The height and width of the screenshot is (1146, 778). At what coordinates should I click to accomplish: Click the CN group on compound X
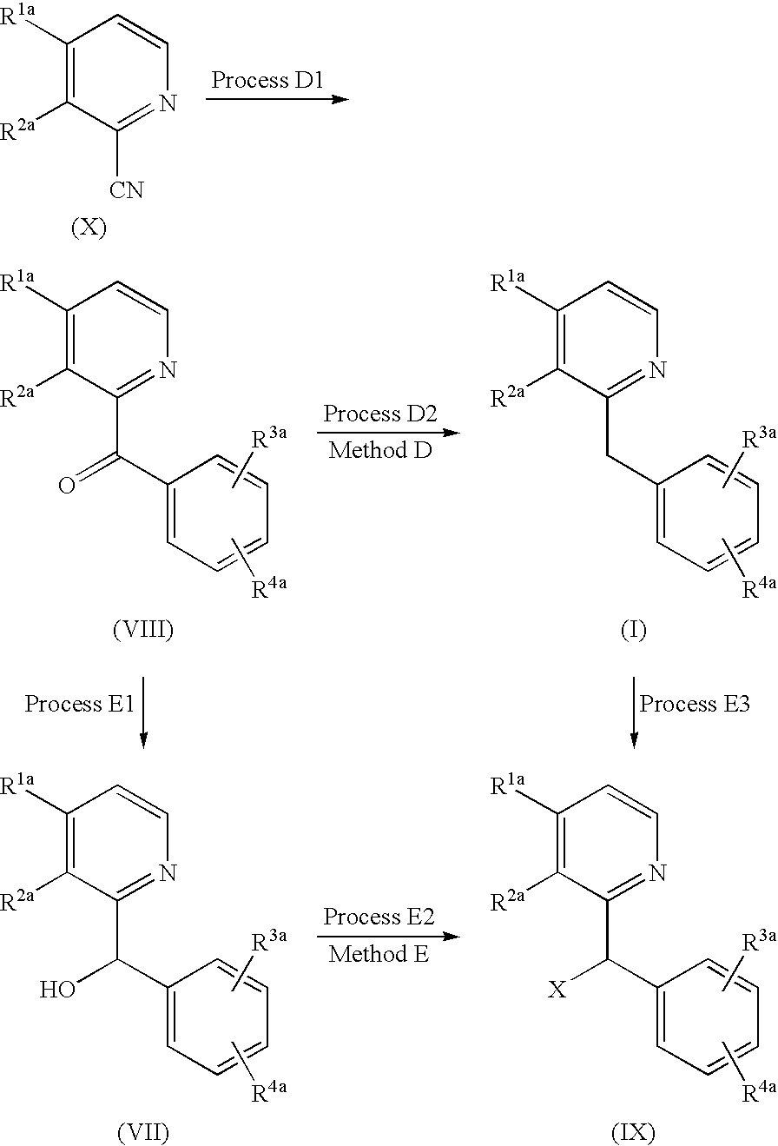126,189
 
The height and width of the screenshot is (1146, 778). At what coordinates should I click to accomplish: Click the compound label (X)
89,227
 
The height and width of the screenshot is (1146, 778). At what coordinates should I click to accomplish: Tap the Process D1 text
267,80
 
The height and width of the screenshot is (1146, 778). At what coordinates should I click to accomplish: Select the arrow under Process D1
277,99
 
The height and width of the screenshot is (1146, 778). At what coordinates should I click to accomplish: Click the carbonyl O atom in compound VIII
67,485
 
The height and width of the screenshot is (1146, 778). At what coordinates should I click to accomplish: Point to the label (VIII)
143,629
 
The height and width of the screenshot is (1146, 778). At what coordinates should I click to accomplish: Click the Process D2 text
380,414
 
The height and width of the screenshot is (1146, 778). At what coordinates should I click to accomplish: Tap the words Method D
380,450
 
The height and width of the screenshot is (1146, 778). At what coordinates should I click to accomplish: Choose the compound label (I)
634,629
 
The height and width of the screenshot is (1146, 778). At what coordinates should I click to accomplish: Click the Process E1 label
79,704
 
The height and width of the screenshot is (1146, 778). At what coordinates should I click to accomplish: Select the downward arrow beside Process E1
143,712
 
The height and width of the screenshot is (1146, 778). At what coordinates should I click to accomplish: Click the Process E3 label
695,704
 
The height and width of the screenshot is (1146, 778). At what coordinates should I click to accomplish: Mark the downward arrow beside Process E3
634,712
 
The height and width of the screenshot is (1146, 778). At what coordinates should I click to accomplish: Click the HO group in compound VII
58,990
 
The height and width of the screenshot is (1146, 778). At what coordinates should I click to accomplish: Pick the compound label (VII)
143,1133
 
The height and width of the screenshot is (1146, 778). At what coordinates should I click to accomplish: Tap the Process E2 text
379,916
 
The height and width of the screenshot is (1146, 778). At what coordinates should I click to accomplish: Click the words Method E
379,953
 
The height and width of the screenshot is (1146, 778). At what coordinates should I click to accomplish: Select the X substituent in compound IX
557,990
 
